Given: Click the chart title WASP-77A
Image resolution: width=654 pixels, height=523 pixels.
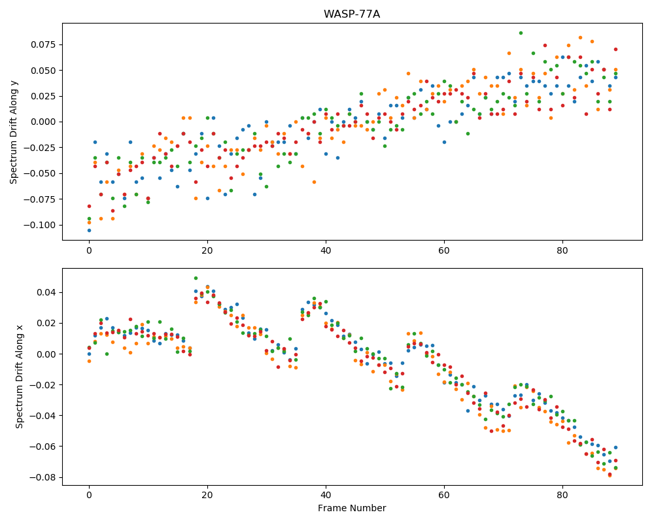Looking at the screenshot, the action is point(352,14).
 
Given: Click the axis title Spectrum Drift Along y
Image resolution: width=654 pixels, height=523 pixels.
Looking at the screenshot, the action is point(14,131).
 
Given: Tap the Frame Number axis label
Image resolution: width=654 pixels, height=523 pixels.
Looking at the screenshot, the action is point(352,508).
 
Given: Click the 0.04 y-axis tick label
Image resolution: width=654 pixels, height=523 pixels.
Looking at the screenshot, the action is point(46,292).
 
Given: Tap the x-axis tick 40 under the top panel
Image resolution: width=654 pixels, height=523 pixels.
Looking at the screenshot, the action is point(326,250).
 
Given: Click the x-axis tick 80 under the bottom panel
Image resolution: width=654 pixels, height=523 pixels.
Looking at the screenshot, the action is point(562,496).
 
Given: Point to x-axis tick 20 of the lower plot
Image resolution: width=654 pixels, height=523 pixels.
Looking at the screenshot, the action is point(207,496).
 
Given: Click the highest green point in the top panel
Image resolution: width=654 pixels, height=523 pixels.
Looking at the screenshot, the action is point(521,33).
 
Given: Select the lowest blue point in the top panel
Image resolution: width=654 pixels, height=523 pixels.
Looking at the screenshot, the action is point(89,230).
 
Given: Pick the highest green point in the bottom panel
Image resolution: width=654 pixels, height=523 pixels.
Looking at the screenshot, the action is point(196,278).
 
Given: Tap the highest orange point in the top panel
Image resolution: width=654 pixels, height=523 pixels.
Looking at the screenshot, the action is point(580,37).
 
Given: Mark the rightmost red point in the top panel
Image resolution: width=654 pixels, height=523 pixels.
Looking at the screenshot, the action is point(615,49).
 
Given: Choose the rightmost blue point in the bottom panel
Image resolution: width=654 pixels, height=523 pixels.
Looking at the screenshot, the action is point(615,448).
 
